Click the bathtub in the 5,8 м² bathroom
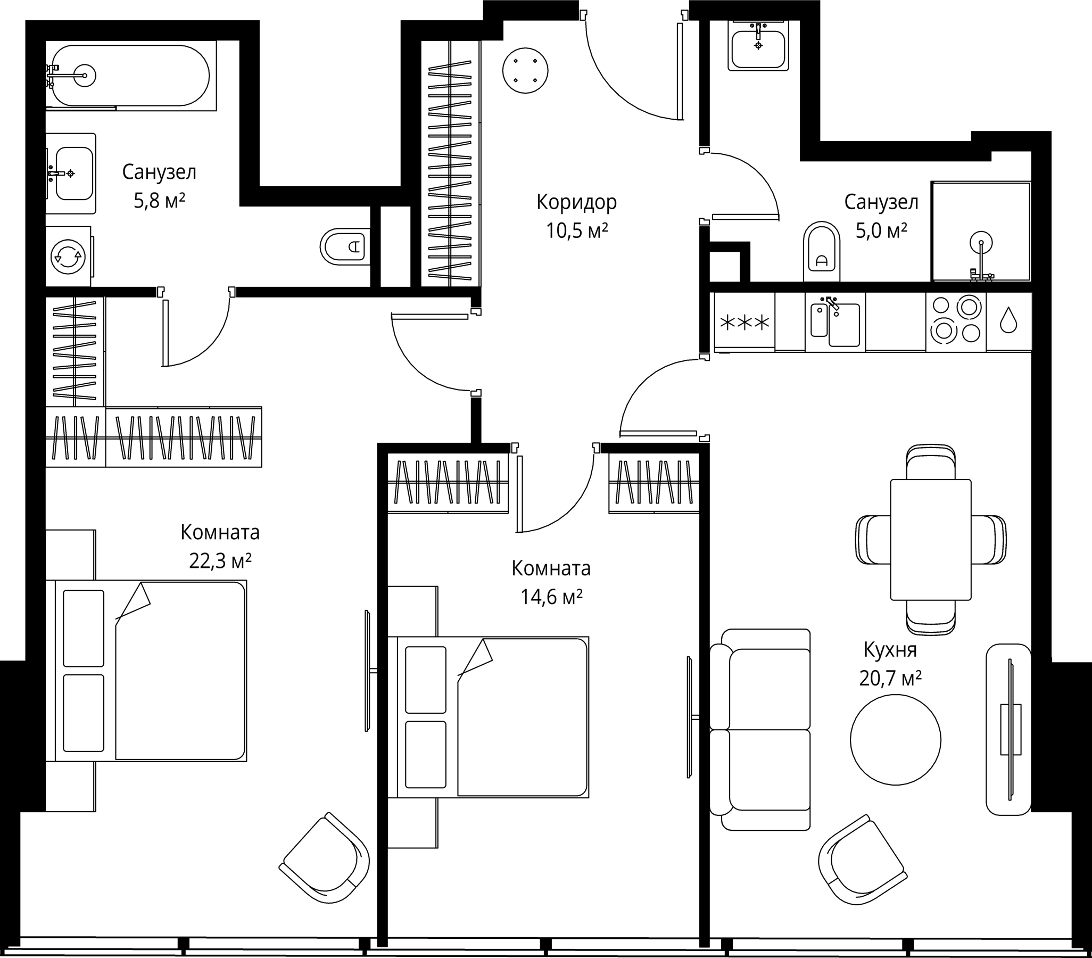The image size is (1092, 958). tap(131, 76)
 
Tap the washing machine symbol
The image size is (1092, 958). tap(68, 257)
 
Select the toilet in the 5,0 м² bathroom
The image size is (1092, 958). tap(821, 251)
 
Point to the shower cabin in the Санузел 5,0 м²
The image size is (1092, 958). tap(981, 232)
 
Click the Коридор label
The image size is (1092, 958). tap(576, 202)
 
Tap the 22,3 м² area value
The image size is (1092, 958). tap(220, 561)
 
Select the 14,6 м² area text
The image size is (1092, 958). tap(551, 597)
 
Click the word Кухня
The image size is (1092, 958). tap(890, 650)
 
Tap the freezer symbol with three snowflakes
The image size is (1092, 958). tap(744, 323)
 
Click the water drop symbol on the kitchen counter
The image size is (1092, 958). tap(1008, 320)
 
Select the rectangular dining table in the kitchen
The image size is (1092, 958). tap(931, 540)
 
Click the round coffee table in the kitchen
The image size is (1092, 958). tap(896, 739)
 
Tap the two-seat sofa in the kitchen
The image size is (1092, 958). tap(762, 729)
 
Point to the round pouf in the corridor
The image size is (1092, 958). tap(525, 70)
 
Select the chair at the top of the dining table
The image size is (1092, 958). tap(931, 461)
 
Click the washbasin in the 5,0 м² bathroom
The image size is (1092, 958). tap(758, 47)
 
